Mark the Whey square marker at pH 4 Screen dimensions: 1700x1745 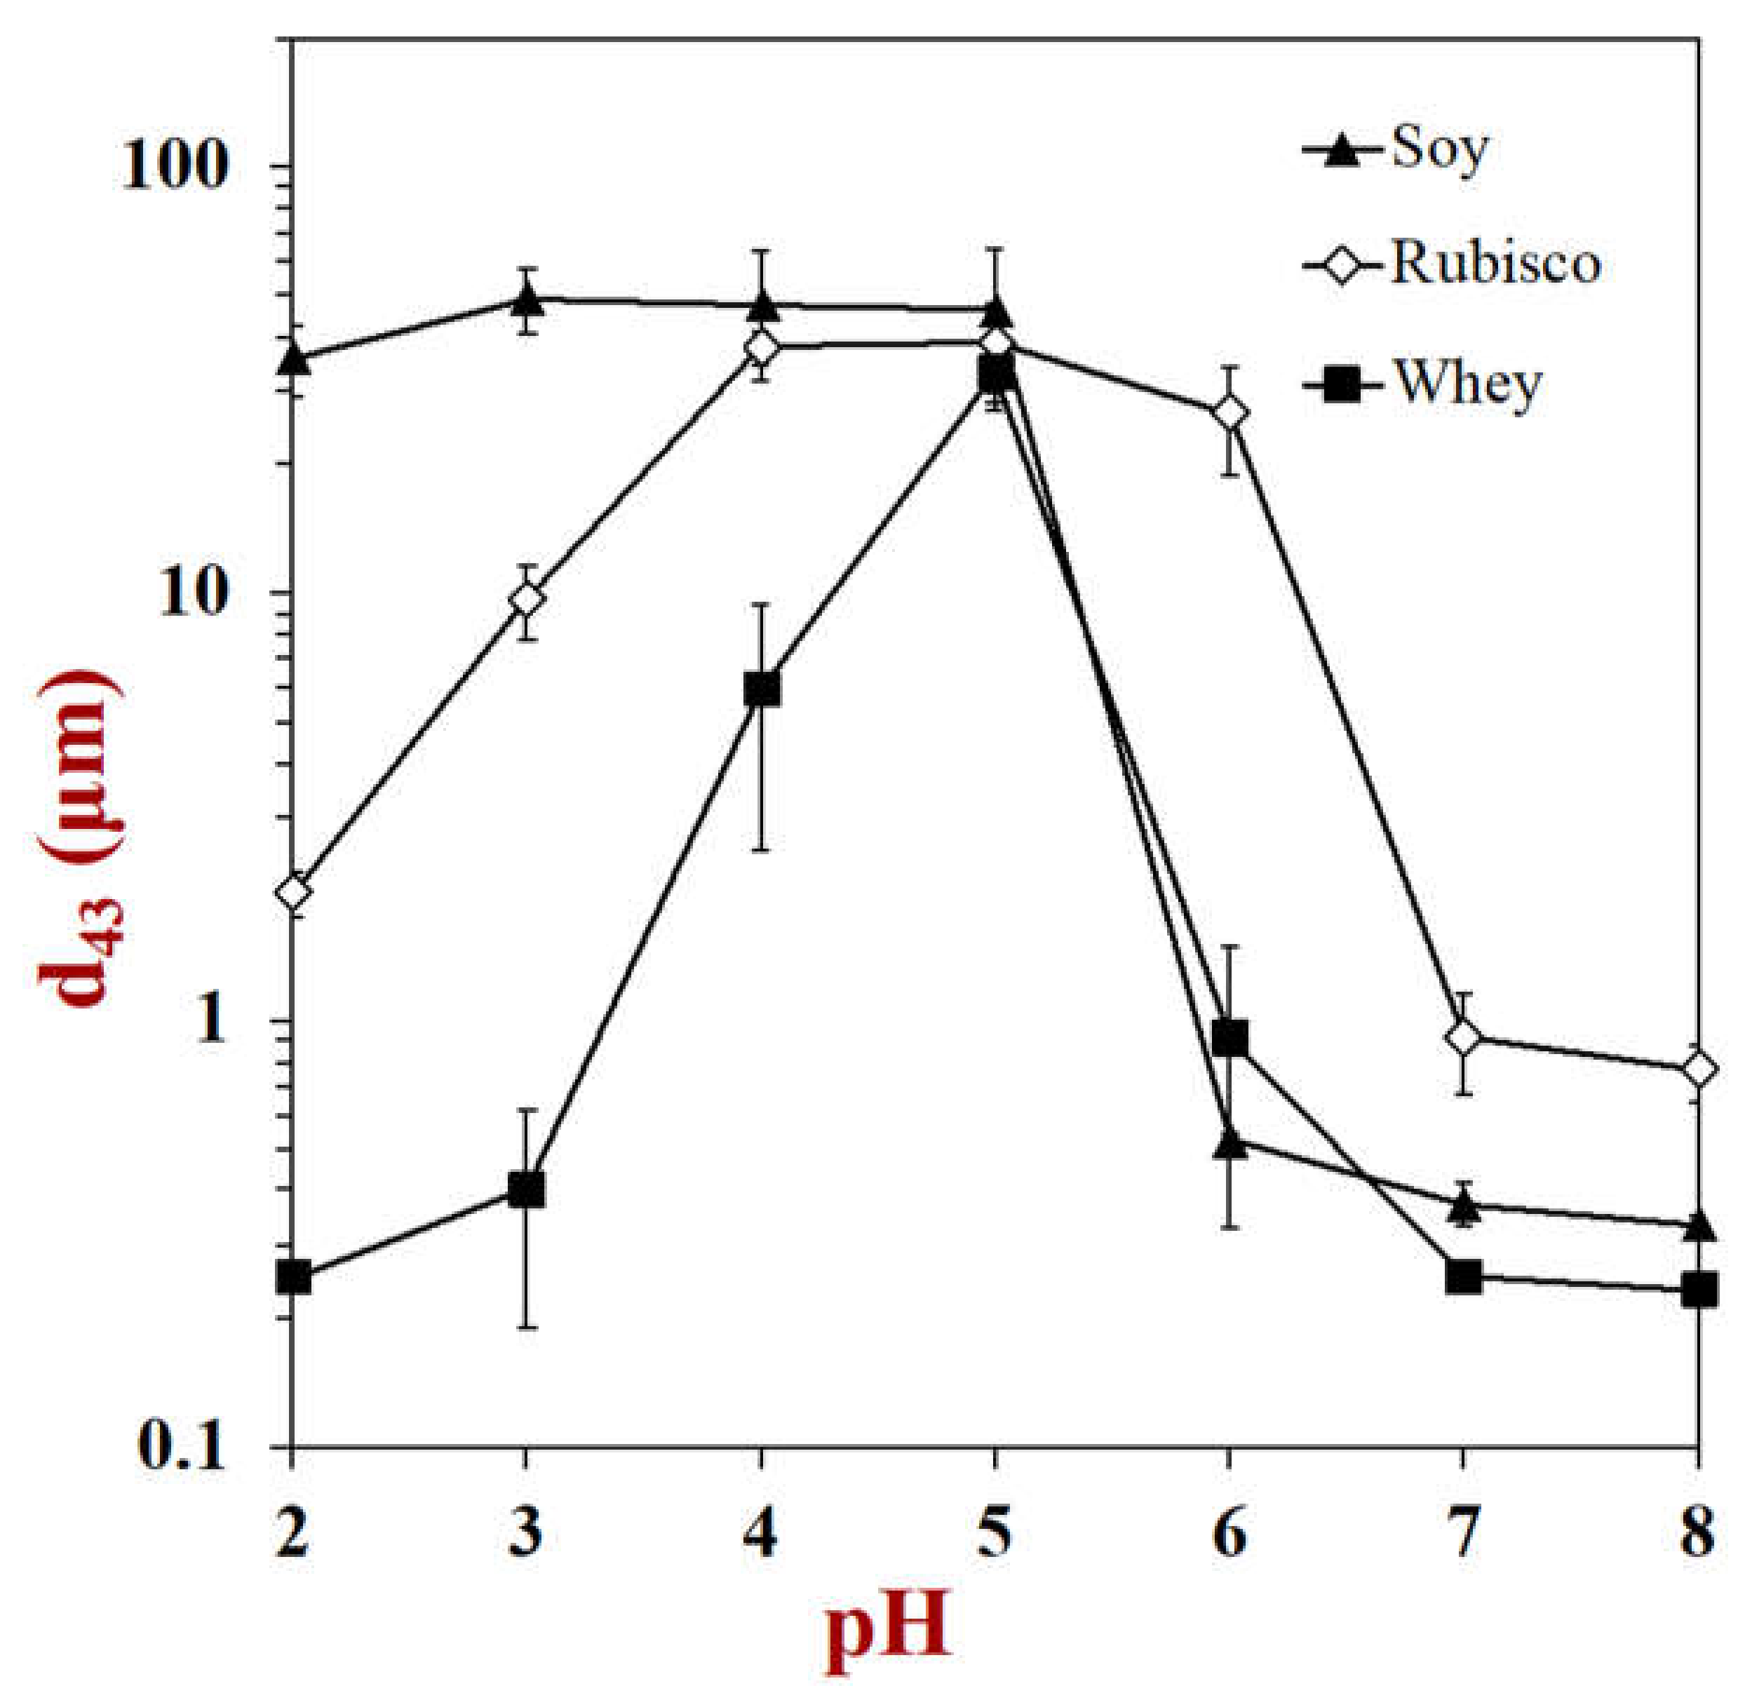[x=761, y=689]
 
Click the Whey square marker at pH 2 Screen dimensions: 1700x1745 [x=293, y=1277]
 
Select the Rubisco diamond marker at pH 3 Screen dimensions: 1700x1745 [x=527, y=600]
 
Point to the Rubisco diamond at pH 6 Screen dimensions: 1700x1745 [x=1229, y=413]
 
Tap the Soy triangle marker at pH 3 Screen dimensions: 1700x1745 [x=527, y=300]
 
